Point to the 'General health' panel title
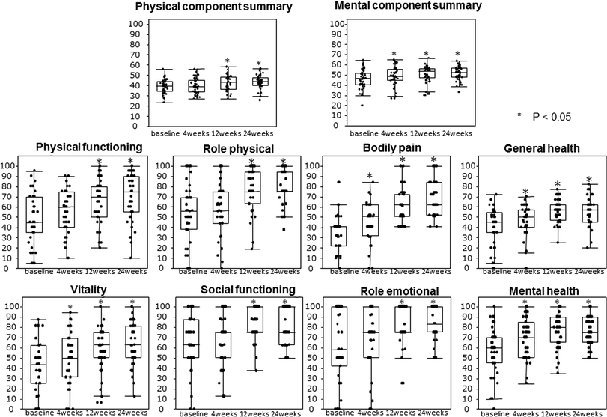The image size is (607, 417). coord(531,149)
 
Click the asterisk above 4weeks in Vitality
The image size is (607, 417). coord(70,308)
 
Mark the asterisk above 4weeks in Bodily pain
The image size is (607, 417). coord(370,177)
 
